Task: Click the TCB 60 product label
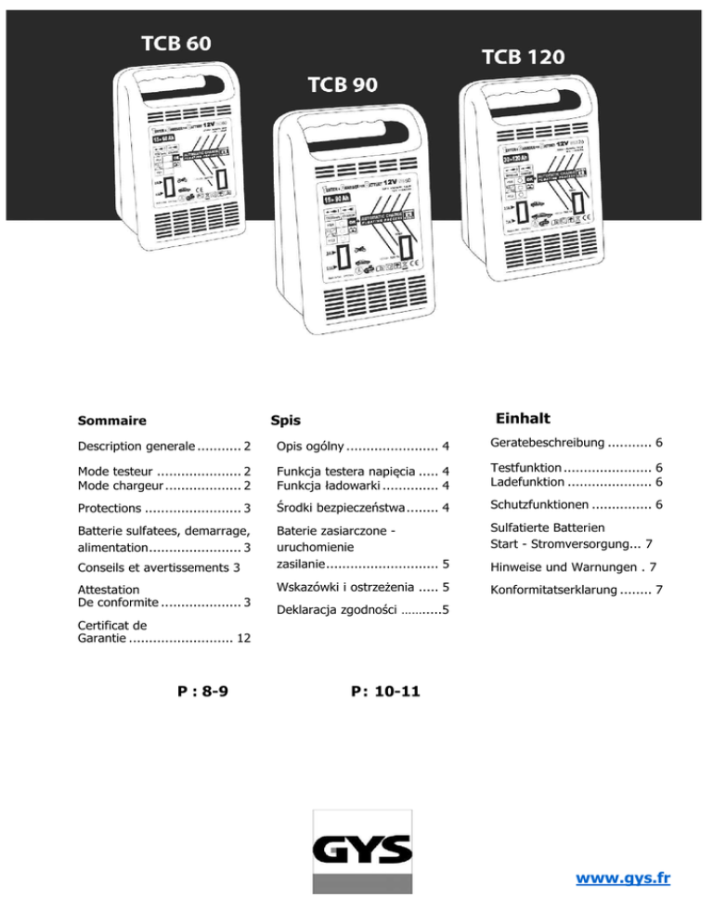[175, 44]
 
